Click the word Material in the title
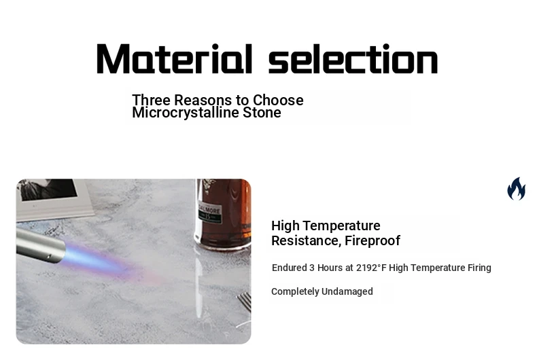pos(175,58)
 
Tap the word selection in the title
pos(353,58)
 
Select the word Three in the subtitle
pos(151,101)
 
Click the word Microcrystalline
pos(186,113)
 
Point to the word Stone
pos(262,113)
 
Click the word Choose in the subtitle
pos(278,101)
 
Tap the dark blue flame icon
pos(517,189)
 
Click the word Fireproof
pos(373,241)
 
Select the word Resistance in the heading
pos(306,241)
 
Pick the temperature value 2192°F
pos(371,268)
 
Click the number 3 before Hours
pos(311,268)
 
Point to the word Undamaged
pos(347,291)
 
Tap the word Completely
pos(295,292)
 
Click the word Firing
pos(479,268)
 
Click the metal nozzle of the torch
pos(40,246)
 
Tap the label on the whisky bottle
pos(209,213)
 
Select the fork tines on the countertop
pos(244,302)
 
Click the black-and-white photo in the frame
pos(48,189)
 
